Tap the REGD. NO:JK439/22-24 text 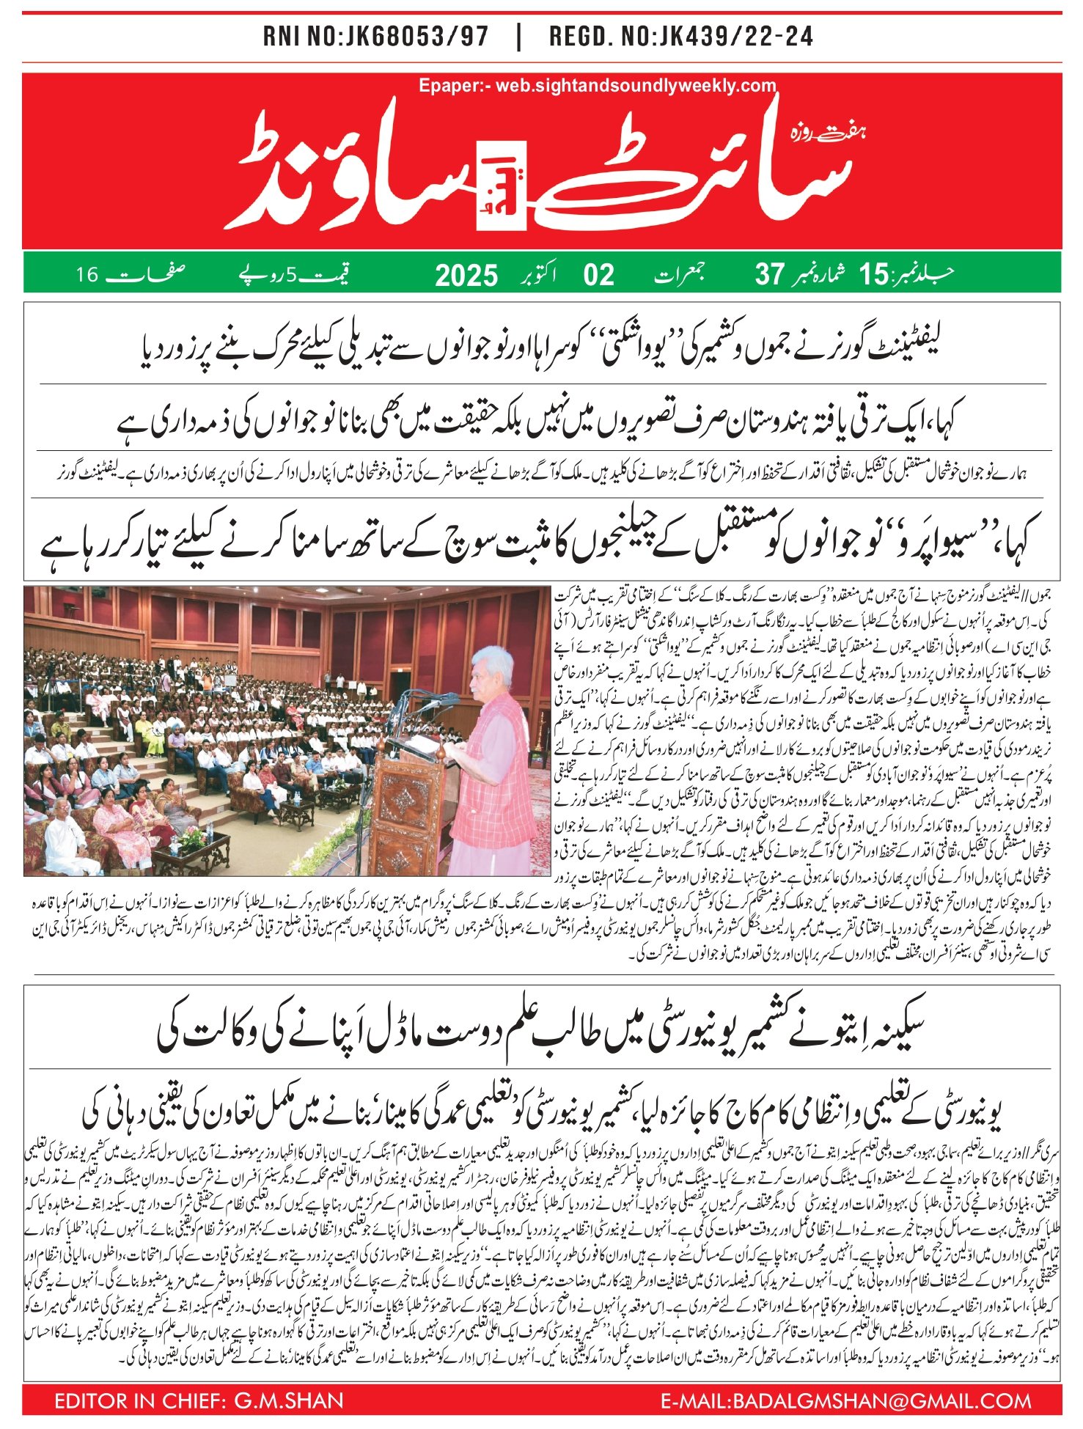[x=681, y=37]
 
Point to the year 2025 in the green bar [x=466, y=276]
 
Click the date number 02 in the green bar [x=598, y=275]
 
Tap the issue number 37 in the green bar [x=770, y=275]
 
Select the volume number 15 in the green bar [x=873, y=275]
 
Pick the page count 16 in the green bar [x=87, y=275]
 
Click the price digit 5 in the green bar [x=291, y=276]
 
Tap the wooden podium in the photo [x=407, y=807]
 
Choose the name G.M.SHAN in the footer [x=288, y=1400]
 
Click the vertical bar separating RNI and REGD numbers [x=518, y=37]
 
